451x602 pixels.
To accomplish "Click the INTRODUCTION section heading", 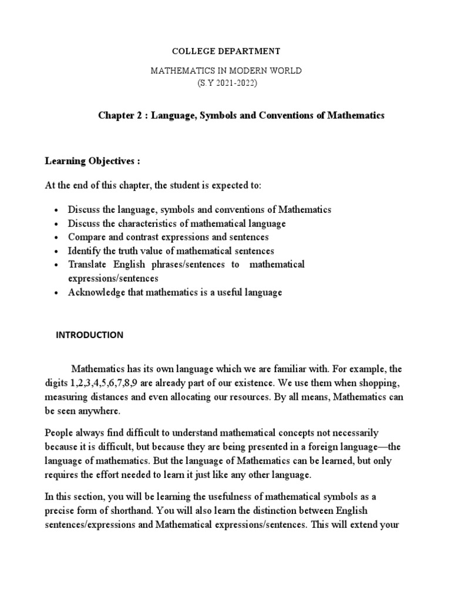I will click(x=89, y=335).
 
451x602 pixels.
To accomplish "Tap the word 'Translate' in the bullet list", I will click(x=86, y=265).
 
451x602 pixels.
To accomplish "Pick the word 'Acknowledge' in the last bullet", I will click(x=93, y=292).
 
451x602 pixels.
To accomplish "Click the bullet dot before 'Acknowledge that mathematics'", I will click(x=55, y=293).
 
